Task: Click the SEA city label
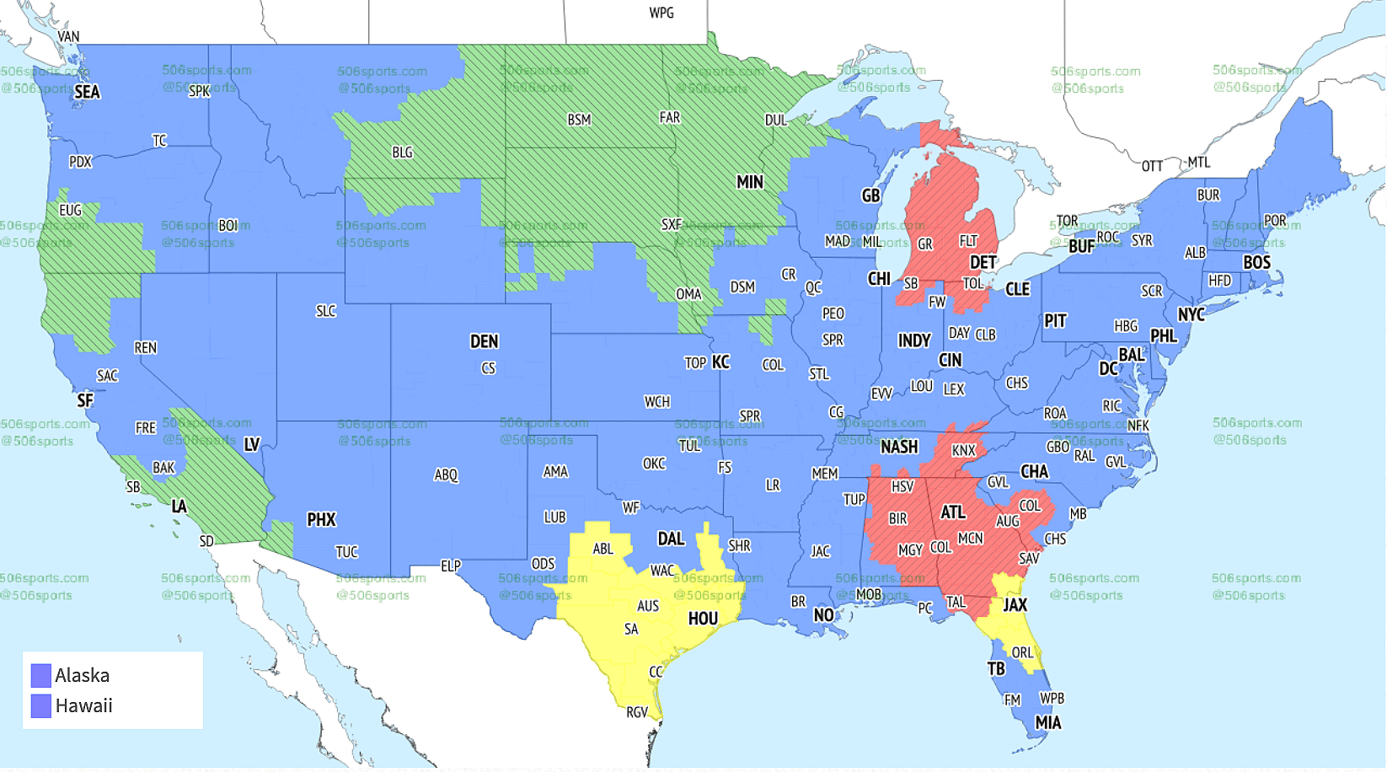(87, 92)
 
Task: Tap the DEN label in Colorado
(484, 341)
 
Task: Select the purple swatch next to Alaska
(41, 676)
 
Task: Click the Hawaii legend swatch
(41, 706)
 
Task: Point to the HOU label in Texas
(703, 619)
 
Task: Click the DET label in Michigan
(983, 262)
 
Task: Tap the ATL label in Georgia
(952, 512)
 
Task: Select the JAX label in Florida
(1015, 604)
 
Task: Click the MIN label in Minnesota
(749, 182)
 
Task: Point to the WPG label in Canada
(661, 13)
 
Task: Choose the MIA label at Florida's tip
(1047, 722)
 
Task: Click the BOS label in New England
(1256, 262)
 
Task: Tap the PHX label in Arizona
(321, 519)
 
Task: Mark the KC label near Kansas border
(720, 362)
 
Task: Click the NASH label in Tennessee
(899, 447)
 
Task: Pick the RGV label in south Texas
(637, 712)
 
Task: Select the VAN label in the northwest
(68, 36)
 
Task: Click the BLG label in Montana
(402, 153)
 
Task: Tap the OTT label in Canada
(1152, 166)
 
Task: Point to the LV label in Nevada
(252, 444)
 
